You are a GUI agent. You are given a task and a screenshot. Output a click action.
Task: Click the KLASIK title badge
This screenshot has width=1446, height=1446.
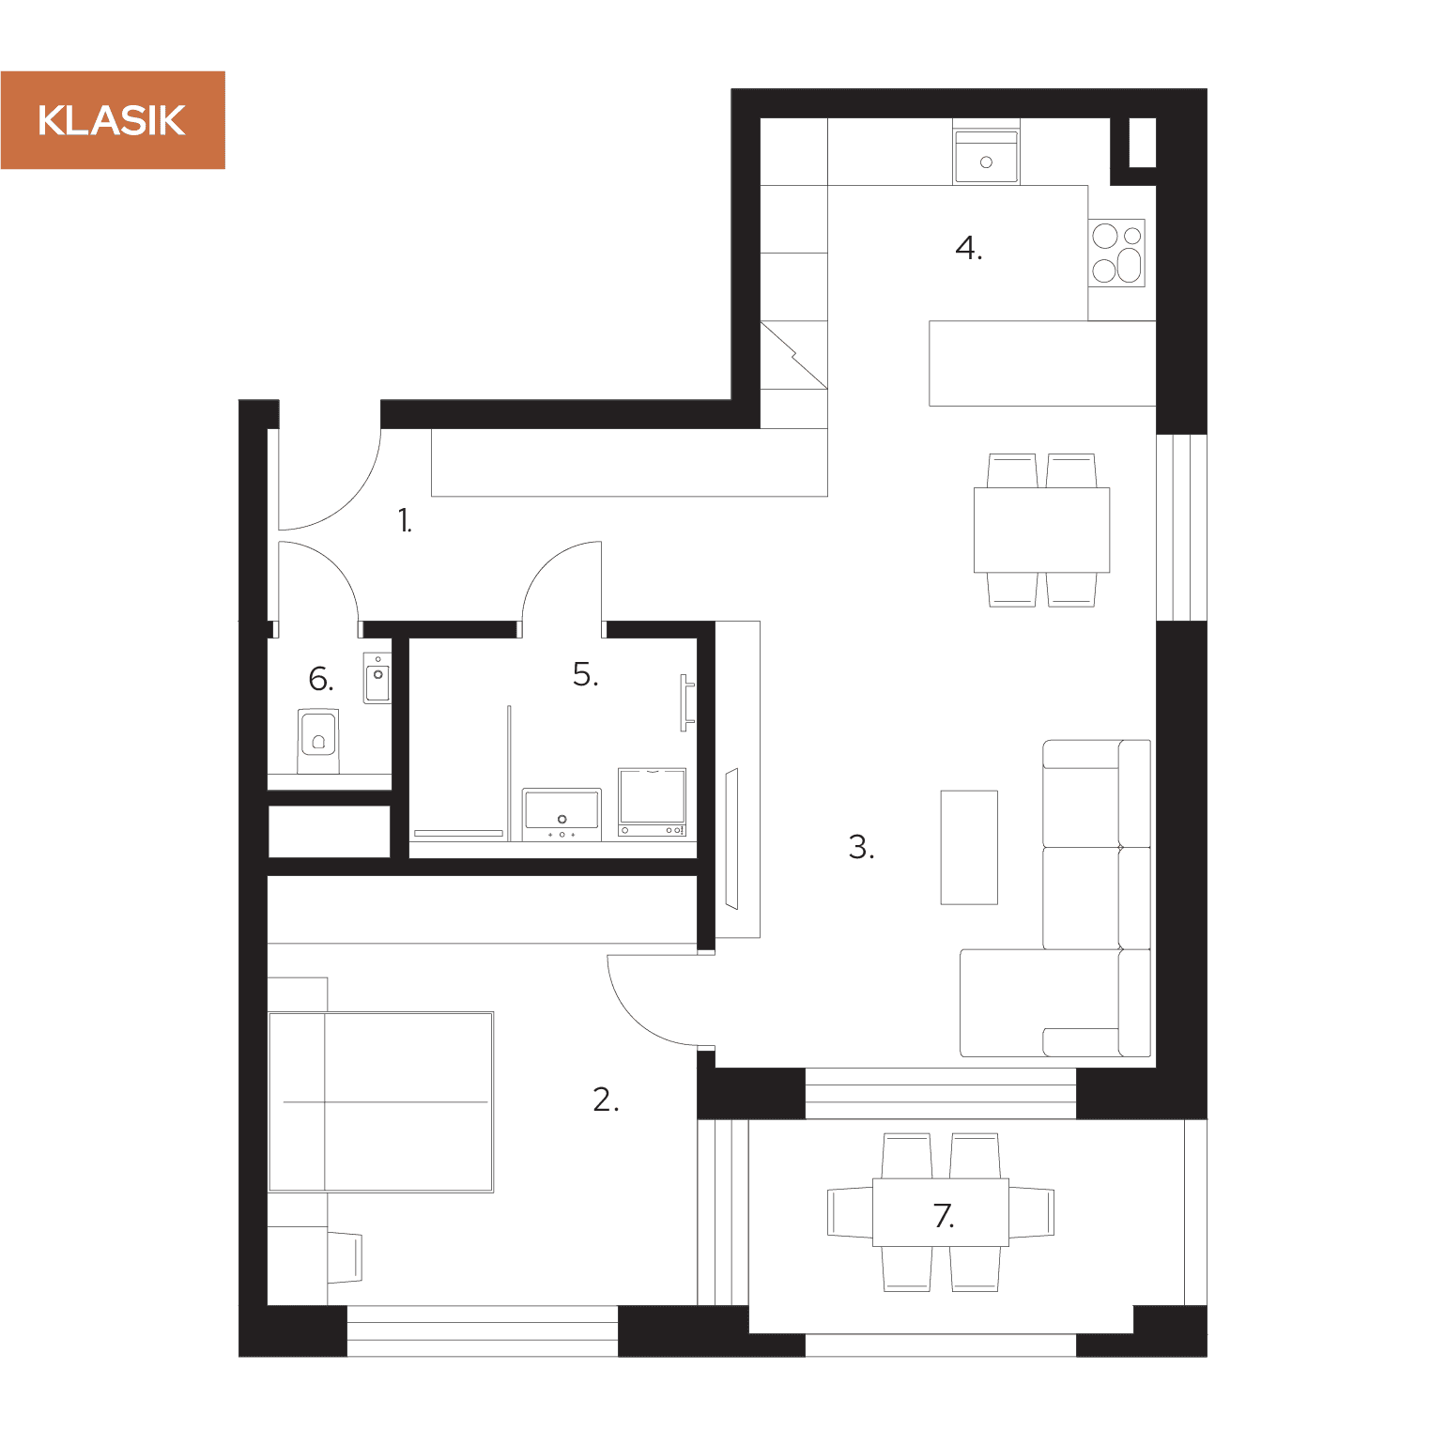(x=113, y=120)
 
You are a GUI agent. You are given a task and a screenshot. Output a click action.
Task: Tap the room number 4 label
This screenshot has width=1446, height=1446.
(x=969, y=248)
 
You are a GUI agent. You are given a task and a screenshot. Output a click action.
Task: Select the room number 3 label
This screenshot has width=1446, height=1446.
(x=861, y=847)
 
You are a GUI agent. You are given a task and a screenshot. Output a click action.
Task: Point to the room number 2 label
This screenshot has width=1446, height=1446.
(x=606, y=1099)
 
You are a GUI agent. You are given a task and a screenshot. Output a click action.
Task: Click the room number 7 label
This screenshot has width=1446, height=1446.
(x=945, y=1216)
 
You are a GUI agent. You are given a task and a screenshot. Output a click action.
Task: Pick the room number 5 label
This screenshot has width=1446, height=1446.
(x=585, y=674)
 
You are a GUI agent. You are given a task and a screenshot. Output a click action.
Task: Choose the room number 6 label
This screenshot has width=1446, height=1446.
(x=320, y=679)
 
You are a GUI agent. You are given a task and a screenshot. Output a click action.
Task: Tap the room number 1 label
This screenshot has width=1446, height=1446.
(x=405, y=520)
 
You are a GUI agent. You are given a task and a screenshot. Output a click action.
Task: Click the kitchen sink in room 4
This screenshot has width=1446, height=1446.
(x=986, y=156)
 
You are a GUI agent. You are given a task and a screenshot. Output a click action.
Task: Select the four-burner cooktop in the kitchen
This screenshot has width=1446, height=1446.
(x=1116, y=253)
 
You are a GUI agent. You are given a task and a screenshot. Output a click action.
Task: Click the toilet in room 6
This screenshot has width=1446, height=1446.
(x=318, y=741)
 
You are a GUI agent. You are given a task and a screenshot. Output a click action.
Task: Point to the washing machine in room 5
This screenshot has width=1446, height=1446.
(x=653, y=802)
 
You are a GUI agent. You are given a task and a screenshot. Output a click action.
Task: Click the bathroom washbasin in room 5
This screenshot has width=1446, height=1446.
(x=561, y=814)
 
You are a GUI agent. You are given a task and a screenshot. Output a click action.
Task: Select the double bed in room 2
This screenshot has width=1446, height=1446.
(x=380, y=1102)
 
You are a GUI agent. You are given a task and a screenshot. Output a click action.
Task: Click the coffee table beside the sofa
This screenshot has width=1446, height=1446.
(x=969, y=847)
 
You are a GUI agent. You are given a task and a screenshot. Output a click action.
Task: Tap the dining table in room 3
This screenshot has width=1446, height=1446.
(x=1041, y=530)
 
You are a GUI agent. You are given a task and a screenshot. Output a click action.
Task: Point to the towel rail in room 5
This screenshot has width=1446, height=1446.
(x=687, y=702)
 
